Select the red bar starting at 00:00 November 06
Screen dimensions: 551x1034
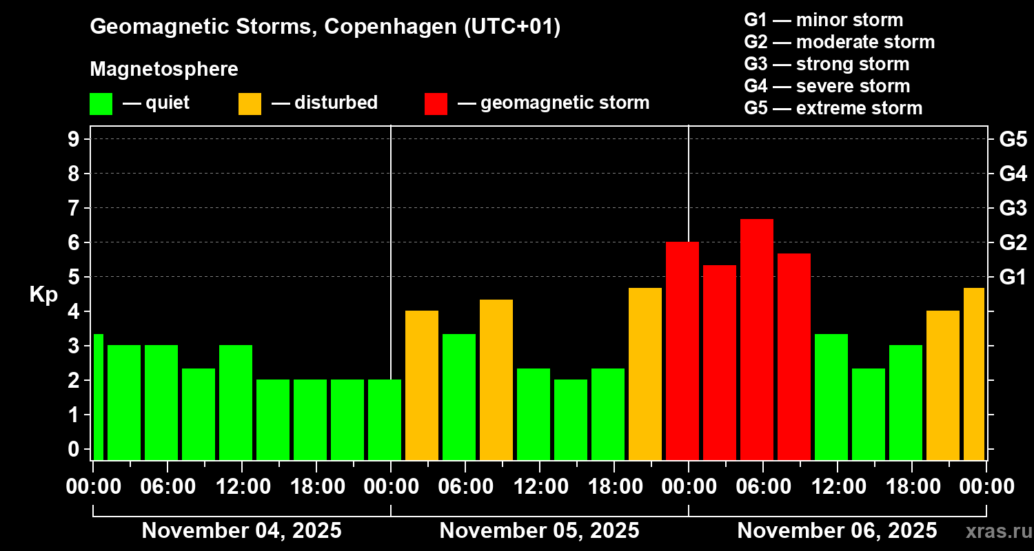click(x=682, y=351)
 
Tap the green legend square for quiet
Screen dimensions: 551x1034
click(x=101, y=103)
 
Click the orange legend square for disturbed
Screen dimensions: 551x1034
click(x=250, y=103)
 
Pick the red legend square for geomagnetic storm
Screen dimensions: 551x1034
click(x=436, y=103)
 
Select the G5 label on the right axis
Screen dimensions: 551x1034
click(x=1013, y=139)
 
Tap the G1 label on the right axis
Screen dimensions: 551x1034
click(x=1013, y=277)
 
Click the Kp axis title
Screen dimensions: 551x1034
click(x=43, y=294)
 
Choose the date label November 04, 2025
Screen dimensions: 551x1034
click(x=241, y=530)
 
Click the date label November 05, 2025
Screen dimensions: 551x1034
click(x=539, y=530)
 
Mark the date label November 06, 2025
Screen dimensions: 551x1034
click(x=837, y=530)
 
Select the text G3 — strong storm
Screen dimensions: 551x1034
click(x=827, y=64)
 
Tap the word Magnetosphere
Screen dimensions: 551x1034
click(x=164, y=70)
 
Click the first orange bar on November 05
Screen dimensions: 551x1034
click(x=421, y=385)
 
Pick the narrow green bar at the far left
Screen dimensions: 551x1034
click(x=98, y=397)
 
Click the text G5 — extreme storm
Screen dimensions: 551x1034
click(x=833, y=108)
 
